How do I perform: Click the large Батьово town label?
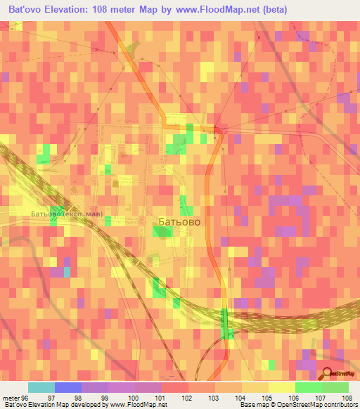click(179, 221)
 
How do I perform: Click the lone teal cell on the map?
click(67, 272)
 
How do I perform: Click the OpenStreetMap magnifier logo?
click(327, 375)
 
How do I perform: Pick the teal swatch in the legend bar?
click(41, 387)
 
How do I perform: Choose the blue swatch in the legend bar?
click(67, 387)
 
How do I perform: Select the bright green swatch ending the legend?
click(335, 387)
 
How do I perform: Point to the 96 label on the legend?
click(25, 397)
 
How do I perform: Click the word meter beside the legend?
click(10, 397)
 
